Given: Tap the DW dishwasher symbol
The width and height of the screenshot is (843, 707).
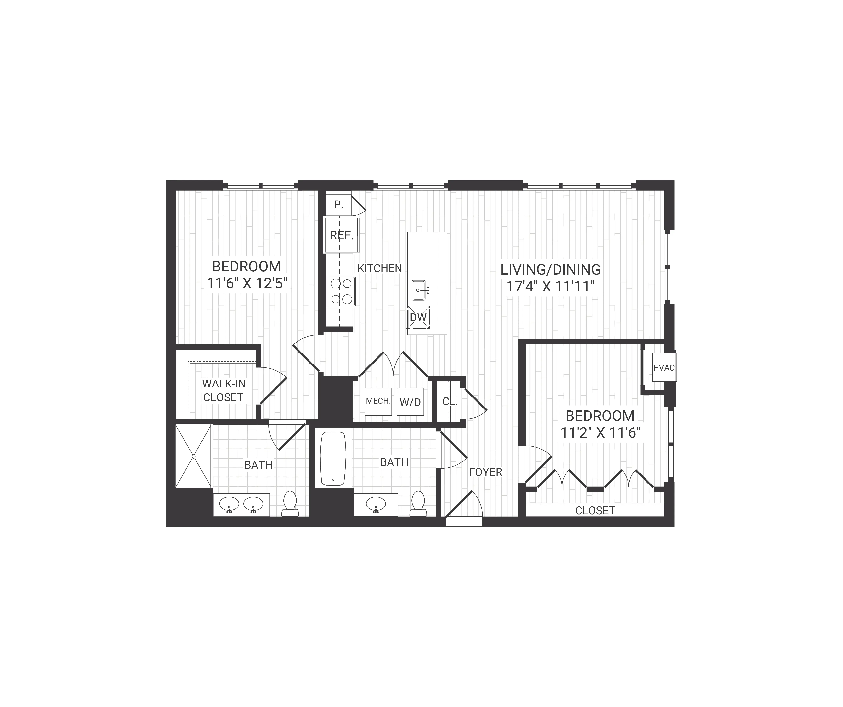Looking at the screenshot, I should coord(418,317).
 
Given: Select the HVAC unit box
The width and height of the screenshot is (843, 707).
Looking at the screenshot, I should coord(664,368).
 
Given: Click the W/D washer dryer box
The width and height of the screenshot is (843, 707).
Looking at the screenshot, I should coord(410,402).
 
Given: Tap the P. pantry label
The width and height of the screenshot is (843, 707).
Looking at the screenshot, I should coord(338,205).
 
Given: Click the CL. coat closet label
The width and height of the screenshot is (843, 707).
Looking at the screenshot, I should coord(450,402).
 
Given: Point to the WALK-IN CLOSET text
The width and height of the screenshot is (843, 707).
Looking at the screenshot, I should coord(223,390).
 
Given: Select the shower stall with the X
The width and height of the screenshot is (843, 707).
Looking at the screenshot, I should coord(194,456).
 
